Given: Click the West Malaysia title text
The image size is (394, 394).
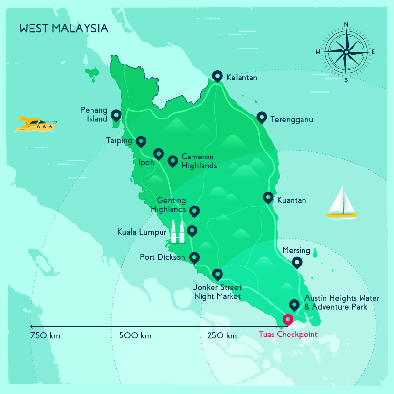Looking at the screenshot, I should point(64,29).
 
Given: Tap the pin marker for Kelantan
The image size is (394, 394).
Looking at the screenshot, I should point(217,76).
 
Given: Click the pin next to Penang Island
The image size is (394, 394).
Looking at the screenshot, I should point(116,115).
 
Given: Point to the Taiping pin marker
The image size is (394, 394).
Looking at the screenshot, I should point(141,141).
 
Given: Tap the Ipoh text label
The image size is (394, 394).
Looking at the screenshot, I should point(146,162).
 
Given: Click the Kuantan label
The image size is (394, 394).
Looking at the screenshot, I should point(291,200).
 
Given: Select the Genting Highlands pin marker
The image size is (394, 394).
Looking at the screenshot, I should point(194,210).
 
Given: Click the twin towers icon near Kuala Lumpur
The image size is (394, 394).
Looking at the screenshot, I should point(178,232).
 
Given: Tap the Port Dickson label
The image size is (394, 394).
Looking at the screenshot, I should point(162,257).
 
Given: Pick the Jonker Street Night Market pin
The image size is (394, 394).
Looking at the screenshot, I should point(217,274).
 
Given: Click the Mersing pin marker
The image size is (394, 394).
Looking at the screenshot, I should point(297,262).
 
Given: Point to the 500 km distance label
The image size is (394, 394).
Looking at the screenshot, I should point(135,336).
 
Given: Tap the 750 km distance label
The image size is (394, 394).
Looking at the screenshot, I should point(45,336).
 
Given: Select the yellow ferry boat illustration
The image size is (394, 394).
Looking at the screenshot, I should point(36,124).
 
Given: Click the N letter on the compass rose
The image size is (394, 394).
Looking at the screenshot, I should point(346,25).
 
